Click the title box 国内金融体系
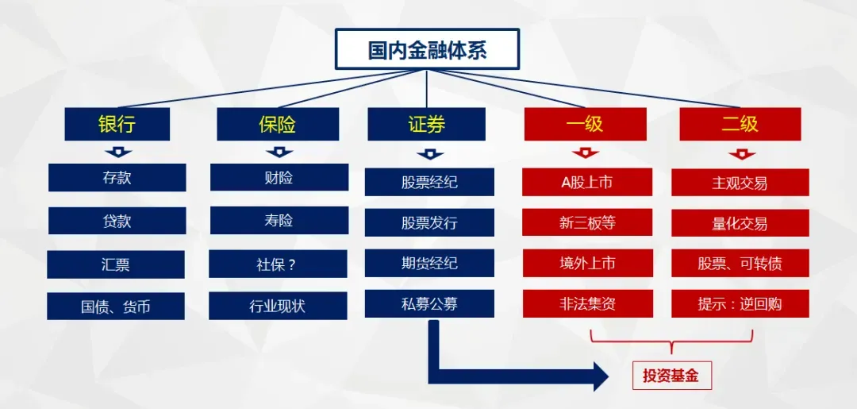click(427, 49)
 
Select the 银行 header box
click(117, 125)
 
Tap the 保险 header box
click(278, 125)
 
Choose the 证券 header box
click(426, 125)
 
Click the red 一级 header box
click(584, 125)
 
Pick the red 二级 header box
click(740, 125)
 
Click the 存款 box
click(117, 178)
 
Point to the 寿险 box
click(279, 221)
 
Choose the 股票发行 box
click(429, 223)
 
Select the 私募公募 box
click(429, 303)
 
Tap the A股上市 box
click(586, 183)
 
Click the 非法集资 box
click(586, 303)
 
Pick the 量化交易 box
click(740, 223)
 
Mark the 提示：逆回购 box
click(740, 303)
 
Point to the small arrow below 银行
click(117, 152)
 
